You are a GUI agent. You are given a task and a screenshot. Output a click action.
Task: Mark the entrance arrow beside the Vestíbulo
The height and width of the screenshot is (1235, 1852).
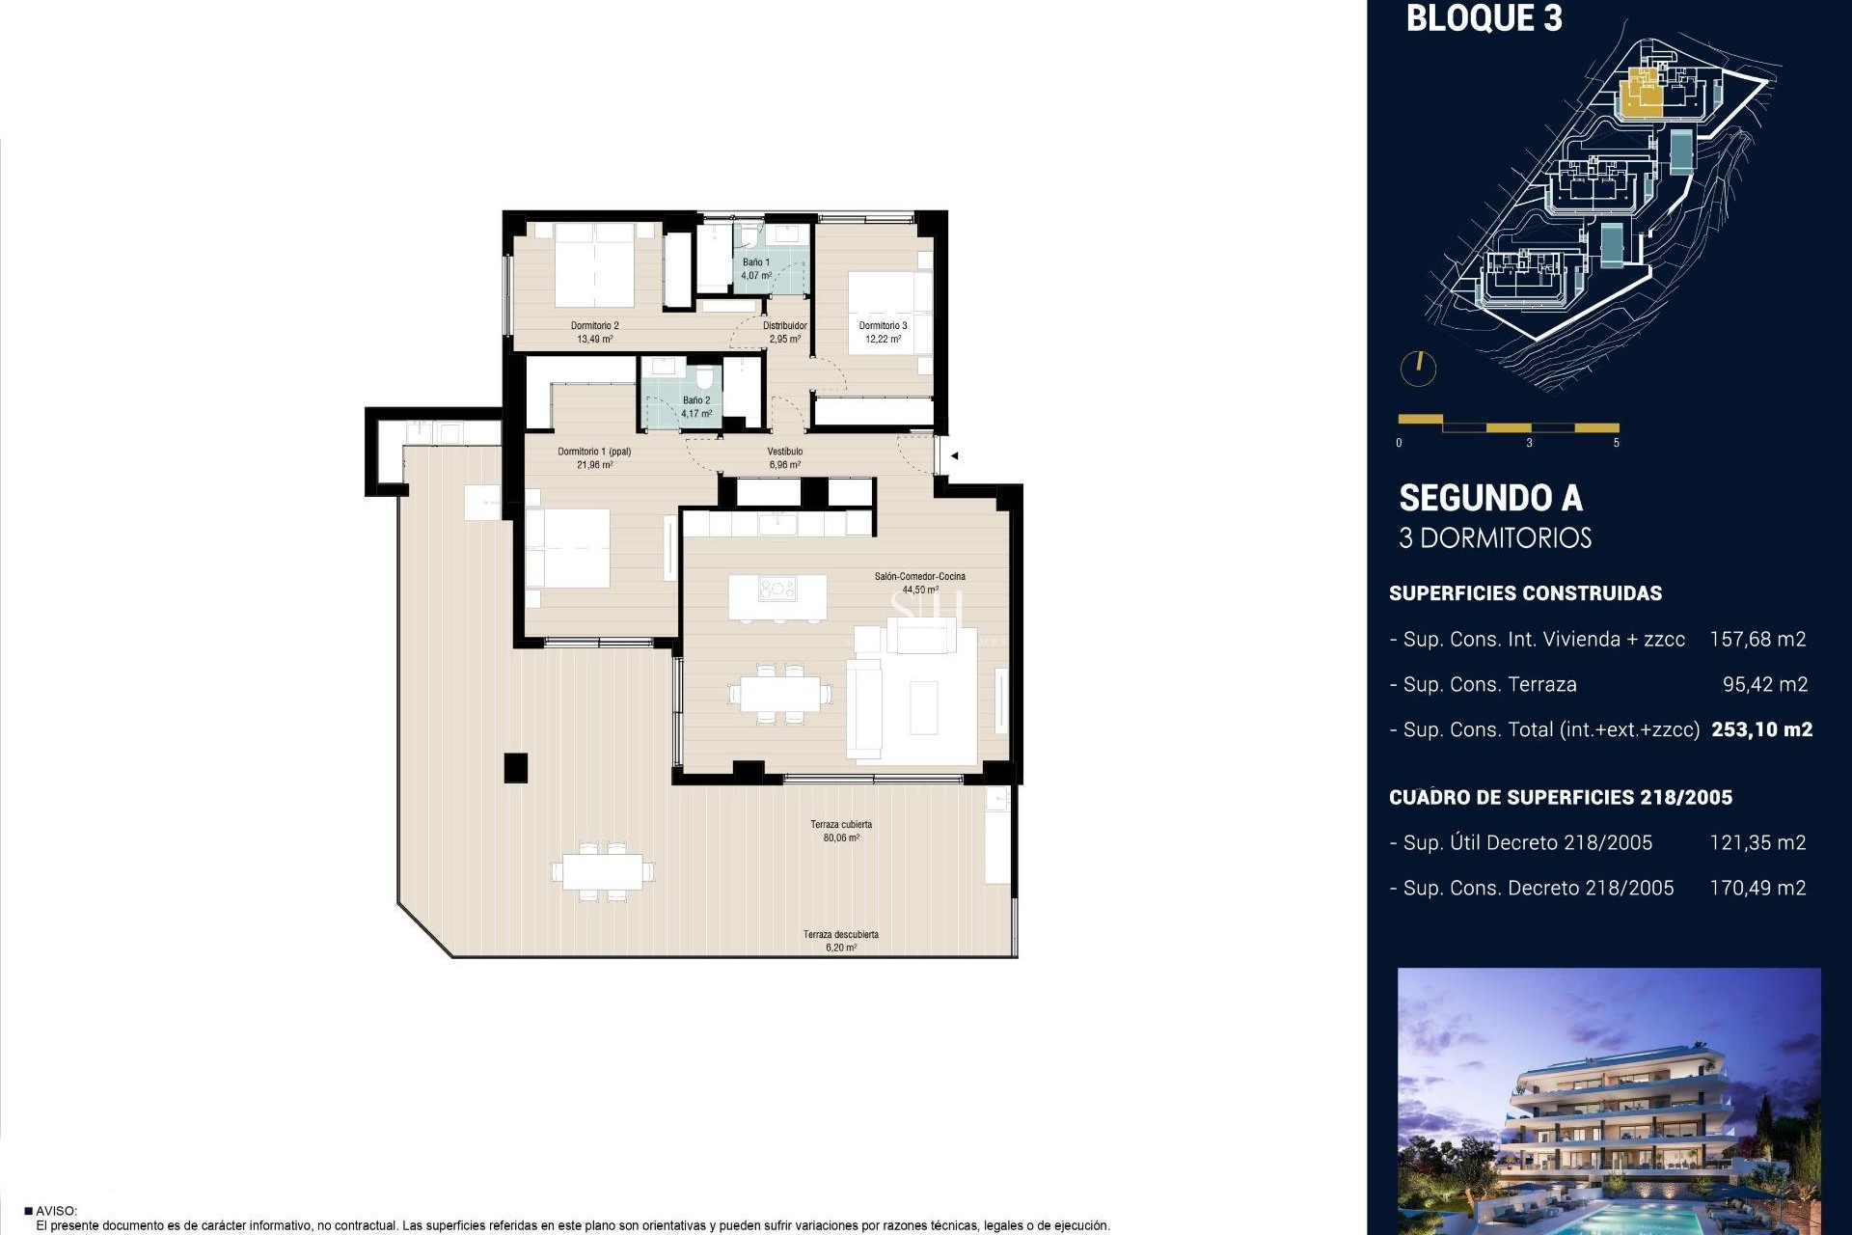tap(953, 455)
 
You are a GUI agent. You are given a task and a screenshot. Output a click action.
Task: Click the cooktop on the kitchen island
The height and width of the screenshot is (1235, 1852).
tap(776, 589)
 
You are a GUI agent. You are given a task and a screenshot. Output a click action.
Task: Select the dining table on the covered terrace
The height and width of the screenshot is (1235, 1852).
tap(603, 872)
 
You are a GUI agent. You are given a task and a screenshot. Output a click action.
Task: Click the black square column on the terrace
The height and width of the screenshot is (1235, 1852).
tap(516, 768)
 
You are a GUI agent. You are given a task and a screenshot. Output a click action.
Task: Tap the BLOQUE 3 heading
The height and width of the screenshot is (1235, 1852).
tap(1484, 18)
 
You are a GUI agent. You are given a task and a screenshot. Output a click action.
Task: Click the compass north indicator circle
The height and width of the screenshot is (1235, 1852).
tap(1418, 368)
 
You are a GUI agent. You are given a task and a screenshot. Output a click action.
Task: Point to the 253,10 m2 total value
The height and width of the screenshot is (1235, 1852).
tap(1761, 729)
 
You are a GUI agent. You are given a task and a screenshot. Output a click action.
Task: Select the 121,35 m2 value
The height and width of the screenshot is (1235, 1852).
tap(1757, 842)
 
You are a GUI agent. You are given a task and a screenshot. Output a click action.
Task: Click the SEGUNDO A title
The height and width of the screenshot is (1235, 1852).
tap(1490, 498)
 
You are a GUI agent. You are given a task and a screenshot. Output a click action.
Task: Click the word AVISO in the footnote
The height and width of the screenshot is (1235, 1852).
tap(56, 1211)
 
